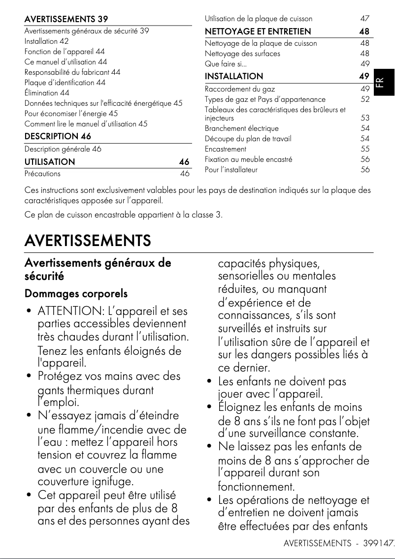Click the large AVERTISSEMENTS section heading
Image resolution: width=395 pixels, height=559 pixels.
pyautogui.click(x=88, y=241)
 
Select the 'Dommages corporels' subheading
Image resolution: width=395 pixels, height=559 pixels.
pyautogui.click(x=76, y=294)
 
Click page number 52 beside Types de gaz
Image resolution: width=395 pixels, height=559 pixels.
pyautogui.click(x=364, y=99)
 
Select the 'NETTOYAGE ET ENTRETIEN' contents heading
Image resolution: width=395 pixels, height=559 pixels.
pyautogui.click(x=258, y=31)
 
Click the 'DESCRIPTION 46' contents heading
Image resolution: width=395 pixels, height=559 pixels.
pyautogui.click(x=58, y=136)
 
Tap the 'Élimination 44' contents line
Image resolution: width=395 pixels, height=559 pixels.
pyautogui.click(x=47, y=93)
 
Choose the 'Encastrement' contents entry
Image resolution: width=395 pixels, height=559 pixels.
pyautogui.click(x=226, y=149)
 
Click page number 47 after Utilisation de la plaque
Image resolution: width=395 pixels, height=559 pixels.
pyautogui.click(x=364, y=19)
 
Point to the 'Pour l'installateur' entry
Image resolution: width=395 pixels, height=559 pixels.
pyautogui.click(x=231, y=170)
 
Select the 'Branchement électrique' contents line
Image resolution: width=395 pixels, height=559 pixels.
pyautogui.click(x=241, y=128)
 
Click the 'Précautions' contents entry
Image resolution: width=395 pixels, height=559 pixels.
pyautogui.click(x=42, y=174)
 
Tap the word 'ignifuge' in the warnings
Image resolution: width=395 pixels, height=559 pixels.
pyautogui.click(x=114, y=481)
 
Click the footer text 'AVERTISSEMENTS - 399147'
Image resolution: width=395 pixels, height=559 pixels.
pyautogui.click(x=339, y=543)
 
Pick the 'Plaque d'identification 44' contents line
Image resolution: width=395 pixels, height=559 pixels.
pyautogui.click(x=65, y=82)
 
